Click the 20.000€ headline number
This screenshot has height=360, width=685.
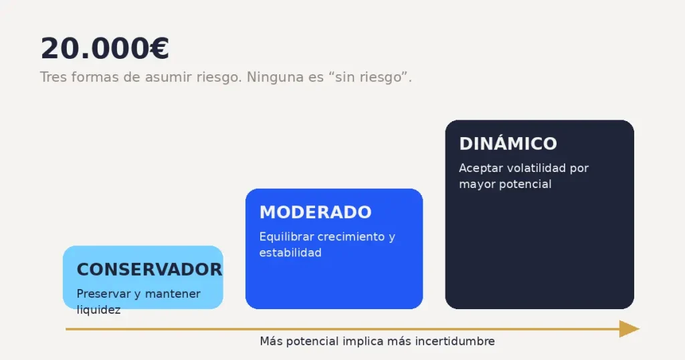coord(105,48)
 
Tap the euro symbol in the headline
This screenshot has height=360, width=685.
coord(159,48)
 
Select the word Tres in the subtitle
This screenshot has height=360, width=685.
coord(54,78)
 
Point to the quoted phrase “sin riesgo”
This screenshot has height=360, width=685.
coord(368,78)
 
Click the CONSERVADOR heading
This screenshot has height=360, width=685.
coord(149,270)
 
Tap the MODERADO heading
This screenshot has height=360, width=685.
coord(316,212)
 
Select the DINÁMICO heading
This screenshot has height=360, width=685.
coord(508,143)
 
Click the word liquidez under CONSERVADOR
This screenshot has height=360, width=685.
coord(99,310)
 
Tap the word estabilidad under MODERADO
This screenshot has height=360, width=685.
coord(290,252)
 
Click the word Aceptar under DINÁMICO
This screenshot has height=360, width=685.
coord(481,169)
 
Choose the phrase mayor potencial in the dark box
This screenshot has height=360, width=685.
coord(506,185)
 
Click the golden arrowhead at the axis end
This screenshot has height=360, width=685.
coord(629,329)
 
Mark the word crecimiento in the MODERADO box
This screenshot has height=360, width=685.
coord(351,237)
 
